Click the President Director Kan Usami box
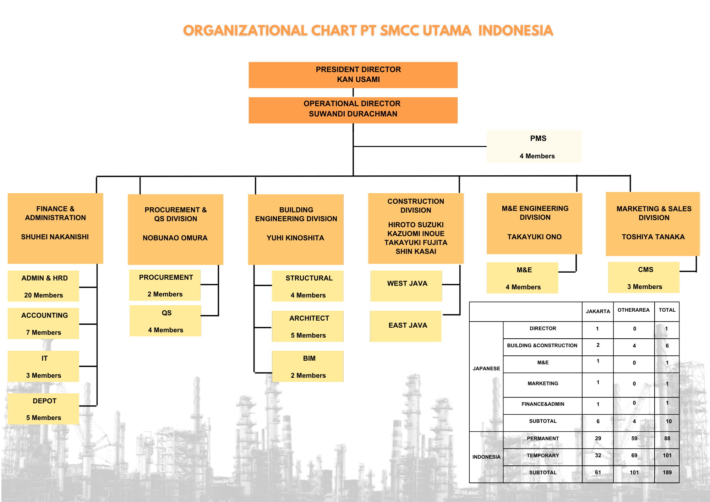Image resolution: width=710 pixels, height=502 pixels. (353, 75)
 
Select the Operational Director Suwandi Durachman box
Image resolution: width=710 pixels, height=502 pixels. (353, 110)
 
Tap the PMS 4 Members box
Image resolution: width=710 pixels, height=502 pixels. (534, 147)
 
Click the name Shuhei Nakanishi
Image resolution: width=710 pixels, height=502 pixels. (55, 237)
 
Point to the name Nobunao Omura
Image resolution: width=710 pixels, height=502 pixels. (175, 238)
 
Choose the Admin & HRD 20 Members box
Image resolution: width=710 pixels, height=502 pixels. (43, 286)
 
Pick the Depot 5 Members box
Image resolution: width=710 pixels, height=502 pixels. (43, 409)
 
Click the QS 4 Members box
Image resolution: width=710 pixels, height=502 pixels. (165, 321)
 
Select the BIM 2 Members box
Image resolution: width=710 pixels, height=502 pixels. (308, 366)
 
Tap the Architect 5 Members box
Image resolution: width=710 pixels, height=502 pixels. (308, 326)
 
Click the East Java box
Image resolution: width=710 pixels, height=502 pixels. (406, 326)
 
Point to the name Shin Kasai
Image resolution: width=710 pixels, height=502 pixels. (416, 251)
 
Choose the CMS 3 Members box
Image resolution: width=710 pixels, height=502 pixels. (644, 278)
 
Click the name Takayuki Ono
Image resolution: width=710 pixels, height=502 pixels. (534, 237)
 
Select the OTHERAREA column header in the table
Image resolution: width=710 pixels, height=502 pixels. (633, 310)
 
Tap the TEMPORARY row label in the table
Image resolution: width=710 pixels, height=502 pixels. (542, 455)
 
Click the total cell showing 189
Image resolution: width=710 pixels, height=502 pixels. (667, 473)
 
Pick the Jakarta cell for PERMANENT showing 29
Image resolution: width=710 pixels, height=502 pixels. (598, 438)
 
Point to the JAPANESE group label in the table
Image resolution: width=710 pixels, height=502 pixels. (486, 369)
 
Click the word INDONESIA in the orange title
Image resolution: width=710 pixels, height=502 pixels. (515, 31)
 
